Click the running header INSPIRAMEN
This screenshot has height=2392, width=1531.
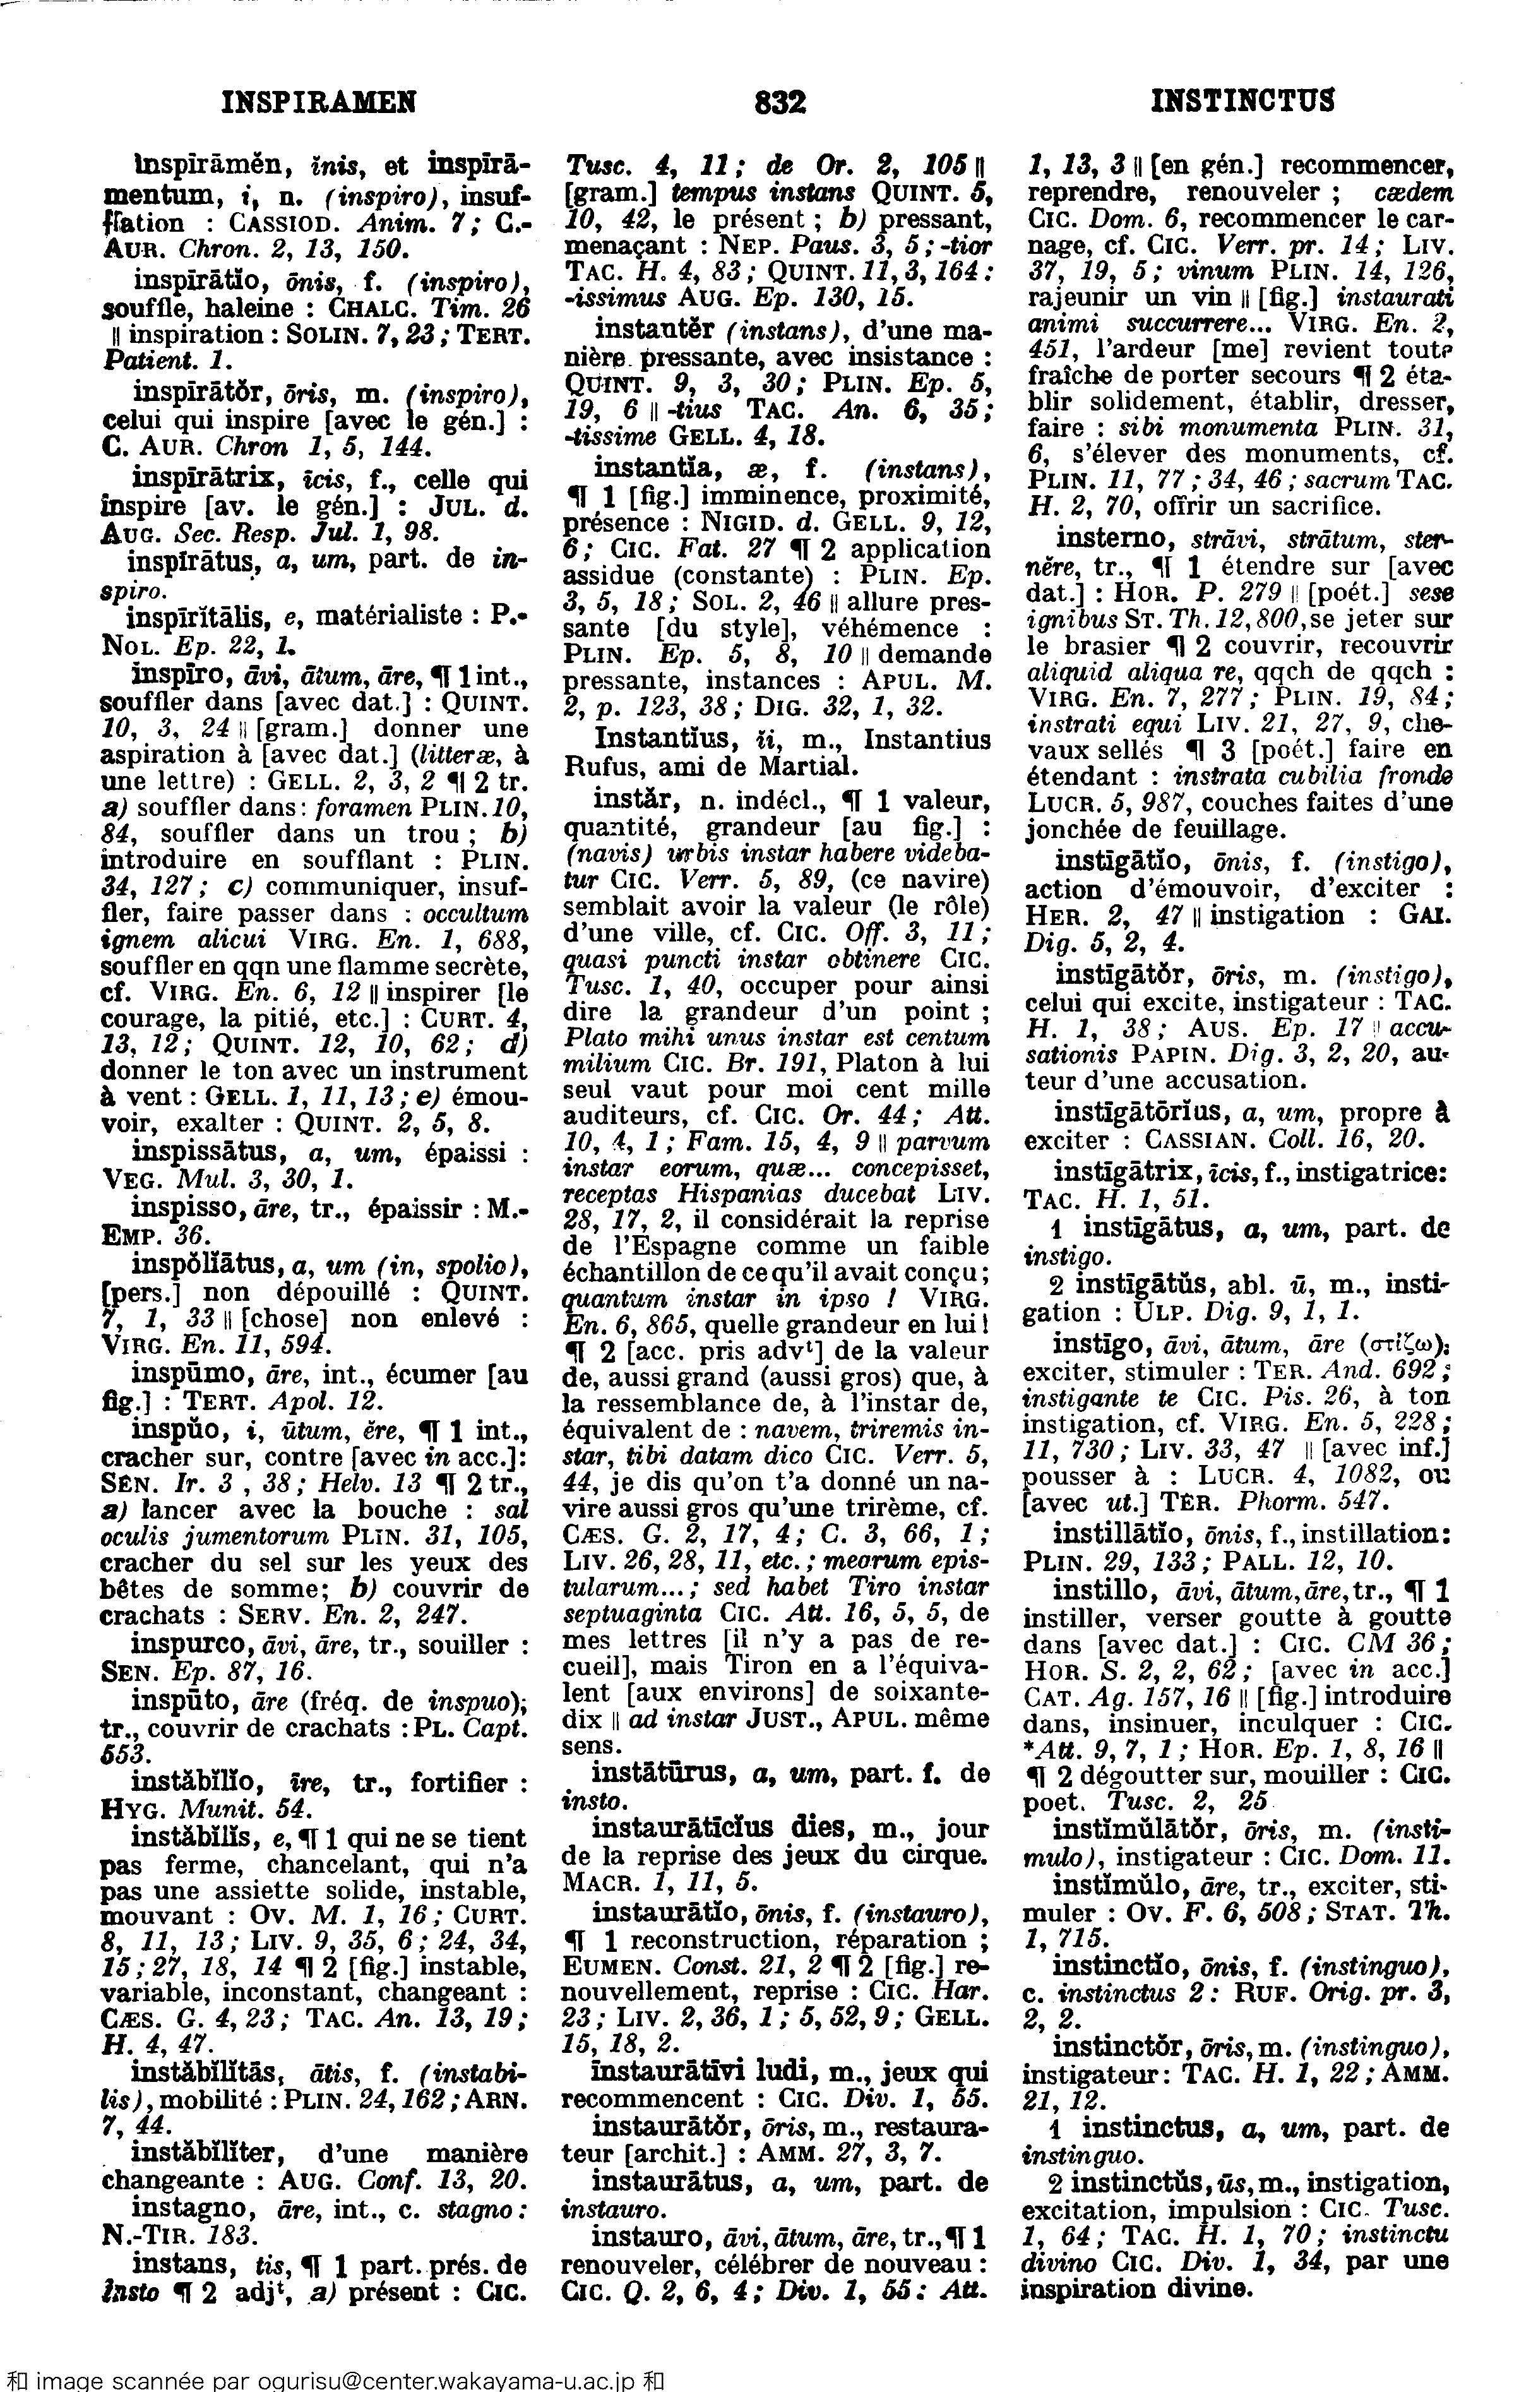click(319, 102)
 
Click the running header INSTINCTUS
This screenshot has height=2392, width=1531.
click(1242, 102)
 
